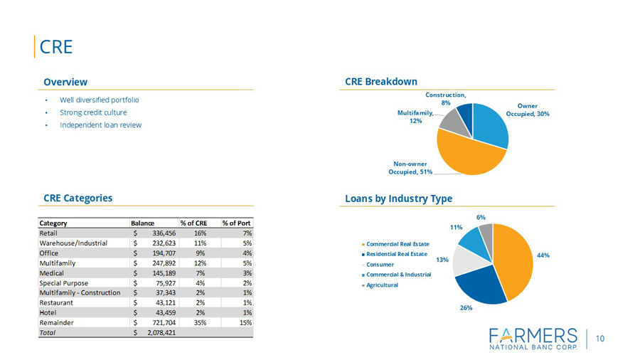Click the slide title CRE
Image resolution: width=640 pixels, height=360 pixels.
coord(56,47)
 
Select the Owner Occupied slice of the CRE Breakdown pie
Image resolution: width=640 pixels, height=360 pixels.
coord(489,126)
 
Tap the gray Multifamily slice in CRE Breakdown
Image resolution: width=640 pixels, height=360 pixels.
coord(449,121)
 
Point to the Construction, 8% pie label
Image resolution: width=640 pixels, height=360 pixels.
coord(446,98)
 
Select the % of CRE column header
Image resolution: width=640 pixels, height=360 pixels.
coord(193,223)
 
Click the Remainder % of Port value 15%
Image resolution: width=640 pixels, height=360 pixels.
coord(245,322)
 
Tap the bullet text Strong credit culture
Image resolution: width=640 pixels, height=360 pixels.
coord(93,112)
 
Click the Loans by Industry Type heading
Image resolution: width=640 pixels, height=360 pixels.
coord(398,198)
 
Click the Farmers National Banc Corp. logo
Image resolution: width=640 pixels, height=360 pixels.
coord(534,339)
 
